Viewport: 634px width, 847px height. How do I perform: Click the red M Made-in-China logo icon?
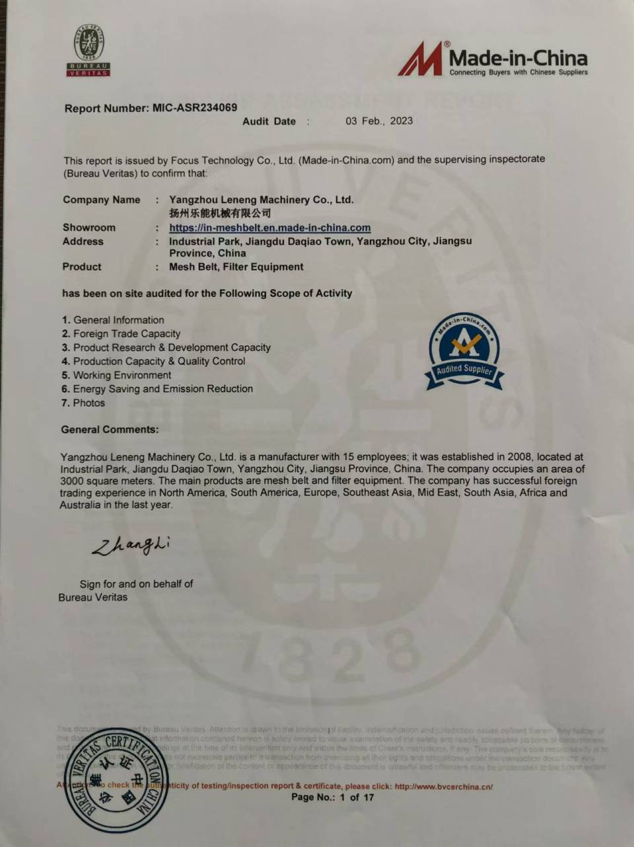[421, 60]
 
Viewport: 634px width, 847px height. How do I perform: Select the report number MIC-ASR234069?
[194, 107]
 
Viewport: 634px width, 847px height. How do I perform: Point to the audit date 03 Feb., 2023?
[379, 121]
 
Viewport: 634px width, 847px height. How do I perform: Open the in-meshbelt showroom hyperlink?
[269, 227]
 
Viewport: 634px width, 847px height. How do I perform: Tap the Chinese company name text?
[220, 213]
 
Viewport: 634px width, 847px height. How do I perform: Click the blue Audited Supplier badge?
[464, 350]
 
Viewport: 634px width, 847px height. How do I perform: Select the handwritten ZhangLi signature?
[131, 545]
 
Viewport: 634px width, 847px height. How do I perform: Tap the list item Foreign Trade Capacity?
[126, 334]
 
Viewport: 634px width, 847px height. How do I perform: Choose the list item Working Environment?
[122, 375]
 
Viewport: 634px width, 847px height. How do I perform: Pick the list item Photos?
[88, 403]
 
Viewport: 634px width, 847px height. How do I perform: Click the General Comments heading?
[110, 430]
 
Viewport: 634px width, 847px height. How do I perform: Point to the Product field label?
[82, 267]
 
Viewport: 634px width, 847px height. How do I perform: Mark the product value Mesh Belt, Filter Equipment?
[236, 267]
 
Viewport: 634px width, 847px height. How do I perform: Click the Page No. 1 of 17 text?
[332, 797]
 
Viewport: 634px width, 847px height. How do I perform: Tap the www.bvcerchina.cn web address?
[443, 786]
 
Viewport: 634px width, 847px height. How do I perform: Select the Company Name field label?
[101, 200]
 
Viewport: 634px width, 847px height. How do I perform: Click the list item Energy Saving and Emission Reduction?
[162, 389]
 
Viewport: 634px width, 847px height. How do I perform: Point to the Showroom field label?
[88, 227]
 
